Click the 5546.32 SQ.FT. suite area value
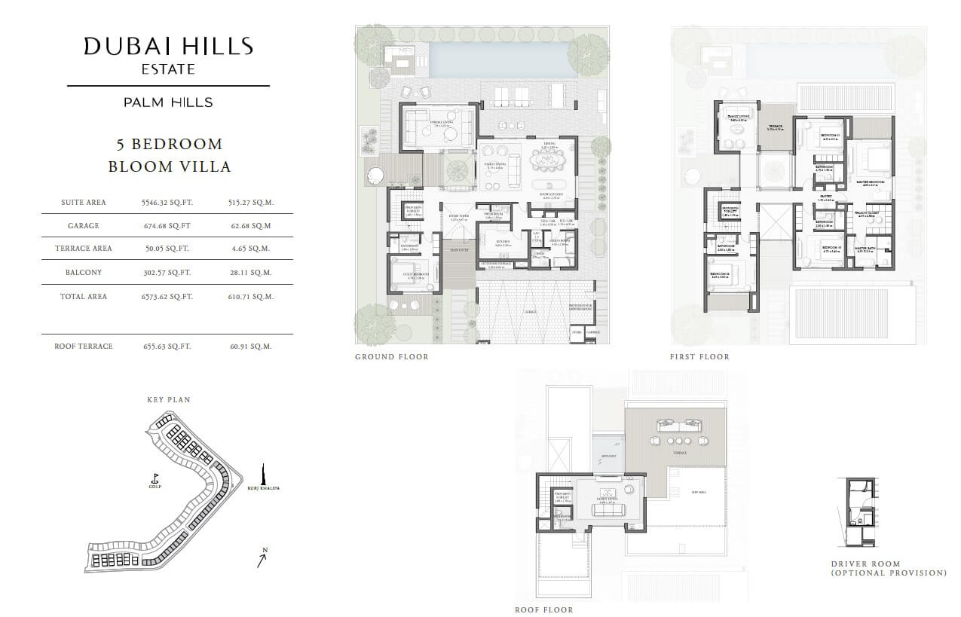(167, 203)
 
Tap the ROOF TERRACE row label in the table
(83, 347)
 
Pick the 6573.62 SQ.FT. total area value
(167, 297)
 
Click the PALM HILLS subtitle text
(168, 102)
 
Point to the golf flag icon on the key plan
(155, 478)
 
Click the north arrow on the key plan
(262, 558)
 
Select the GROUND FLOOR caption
(391, 357)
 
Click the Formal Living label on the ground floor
(440, 121)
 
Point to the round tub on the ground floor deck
(375, 175)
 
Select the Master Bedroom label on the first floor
(870, 182)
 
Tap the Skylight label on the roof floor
(608, 457)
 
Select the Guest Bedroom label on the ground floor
(415, 275)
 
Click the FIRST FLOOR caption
(699, 357)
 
